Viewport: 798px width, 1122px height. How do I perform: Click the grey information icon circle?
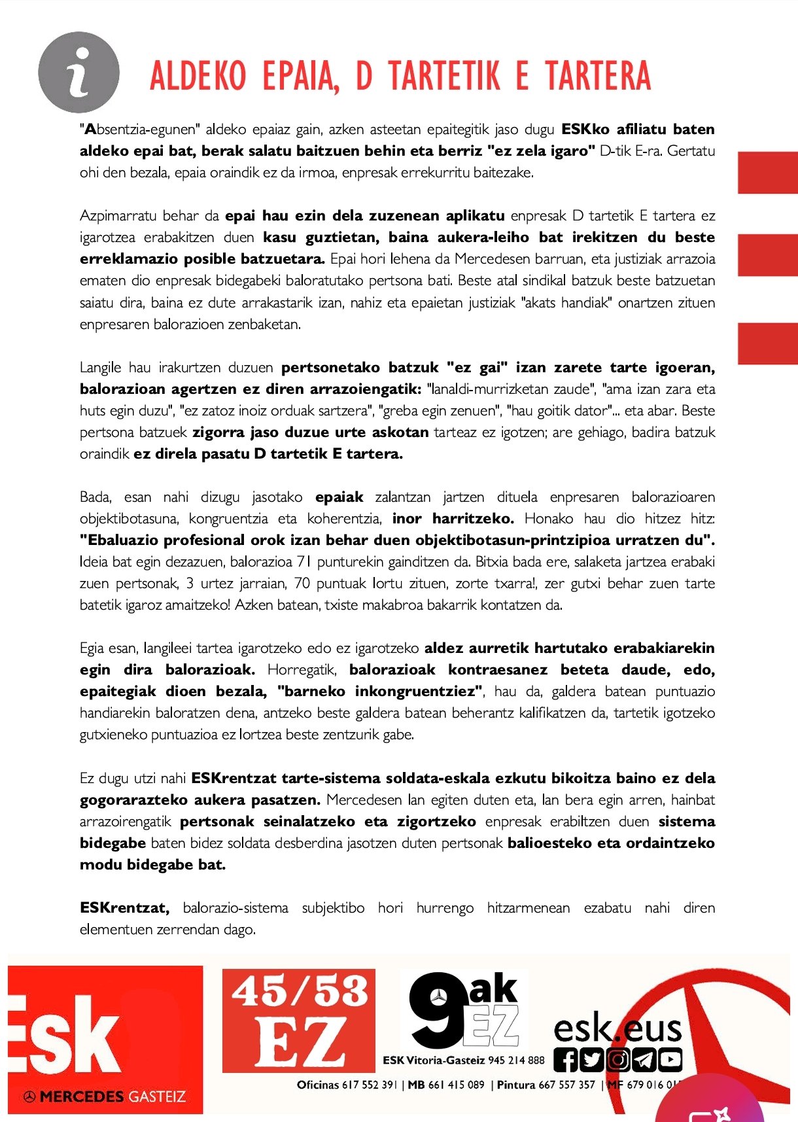tap(78, 73)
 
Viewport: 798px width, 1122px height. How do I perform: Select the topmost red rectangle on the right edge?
tap(767, 173)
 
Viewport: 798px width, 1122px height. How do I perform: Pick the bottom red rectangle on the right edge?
tap(767, 343)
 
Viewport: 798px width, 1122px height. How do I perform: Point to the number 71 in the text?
tap(304, 561)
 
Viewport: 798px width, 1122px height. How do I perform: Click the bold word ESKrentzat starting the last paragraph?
tap(124, 907)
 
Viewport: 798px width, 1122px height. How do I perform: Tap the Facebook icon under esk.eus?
tap(566, 1060)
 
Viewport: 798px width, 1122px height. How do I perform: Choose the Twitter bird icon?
tap(592, 1060)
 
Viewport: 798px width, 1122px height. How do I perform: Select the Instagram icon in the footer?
tap(617, 1060)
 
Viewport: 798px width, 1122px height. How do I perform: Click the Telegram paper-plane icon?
tap(644, 1060)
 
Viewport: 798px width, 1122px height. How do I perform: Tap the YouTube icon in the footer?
tap(670, 1060)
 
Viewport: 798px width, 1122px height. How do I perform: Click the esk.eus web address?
tap(617, 1029)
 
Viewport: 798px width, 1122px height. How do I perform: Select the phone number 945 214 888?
tap(516, 1061)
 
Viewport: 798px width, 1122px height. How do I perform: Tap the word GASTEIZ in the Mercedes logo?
tap(156, 1096)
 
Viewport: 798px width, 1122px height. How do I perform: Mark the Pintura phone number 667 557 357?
tap(566, 1085)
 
